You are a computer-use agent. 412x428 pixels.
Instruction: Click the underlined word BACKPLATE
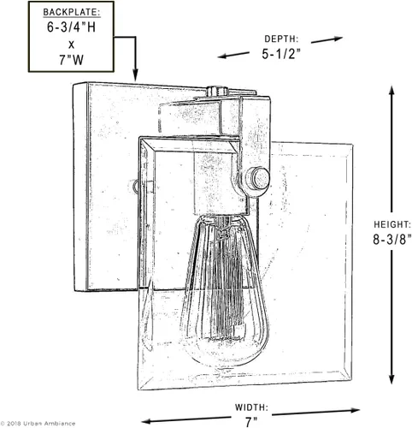[72, 12]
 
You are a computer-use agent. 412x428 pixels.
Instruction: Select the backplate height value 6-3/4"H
[71, 27]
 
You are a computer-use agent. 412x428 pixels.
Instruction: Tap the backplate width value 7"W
[72, 60]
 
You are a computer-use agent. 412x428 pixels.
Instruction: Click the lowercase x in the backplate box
[71, 45]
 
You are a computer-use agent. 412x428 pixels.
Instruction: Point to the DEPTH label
[281, 39]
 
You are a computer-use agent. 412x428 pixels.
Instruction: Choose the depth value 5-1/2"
[281, 54]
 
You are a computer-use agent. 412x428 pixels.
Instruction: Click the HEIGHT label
[392, 224]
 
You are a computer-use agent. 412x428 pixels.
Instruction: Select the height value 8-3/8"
[392, 240]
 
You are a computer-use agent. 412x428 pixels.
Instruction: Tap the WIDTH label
[251, 407]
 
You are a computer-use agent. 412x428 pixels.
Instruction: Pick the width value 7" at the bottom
[251, 422]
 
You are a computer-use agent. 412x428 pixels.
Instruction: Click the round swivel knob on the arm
[258, 179]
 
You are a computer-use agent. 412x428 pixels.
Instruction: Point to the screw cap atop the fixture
[217, 91]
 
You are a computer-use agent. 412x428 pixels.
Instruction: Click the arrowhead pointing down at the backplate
[135, 75]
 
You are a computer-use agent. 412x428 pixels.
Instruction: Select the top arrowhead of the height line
[391, 91]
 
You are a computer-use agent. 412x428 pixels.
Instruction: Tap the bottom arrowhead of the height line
[391, 378]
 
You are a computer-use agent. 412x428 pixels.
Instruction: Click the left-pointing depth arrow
[233, 55]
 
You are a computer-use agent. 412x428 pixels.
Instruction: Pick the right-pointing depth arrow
[327, 39]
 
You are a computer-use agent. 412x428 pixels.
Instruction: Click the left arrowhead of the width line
[148, 421]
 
